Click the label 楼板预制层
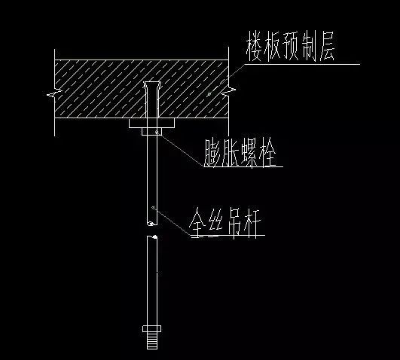point(290,47)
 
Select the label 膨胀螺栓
point(240,153)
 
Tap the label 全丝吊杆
point(225,223)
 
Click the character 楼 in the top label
point(254,47)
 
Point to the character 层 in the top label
point(326,47)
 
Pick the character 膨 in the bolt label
point(212,153)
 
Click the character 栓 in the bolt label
point(268,153)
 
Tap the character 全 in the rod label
point(198,223)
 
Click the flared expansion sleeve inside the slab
point(152,99)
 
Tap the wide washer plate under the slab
point(151,123)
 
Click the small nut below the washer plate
point(151,131)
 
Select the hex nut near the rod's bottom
point(151,328)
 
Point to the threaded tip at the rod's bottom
point(152,340)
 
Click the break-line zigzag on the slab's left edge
point(54,93)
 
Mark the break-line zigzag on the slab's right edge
point(228,91)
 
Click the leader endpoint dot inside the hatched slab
point(209,94)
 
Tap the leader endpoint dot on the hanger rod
point(153,207)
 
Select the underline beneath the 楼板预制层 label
point(302,64)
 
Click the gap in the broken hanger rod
point(152,230)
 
